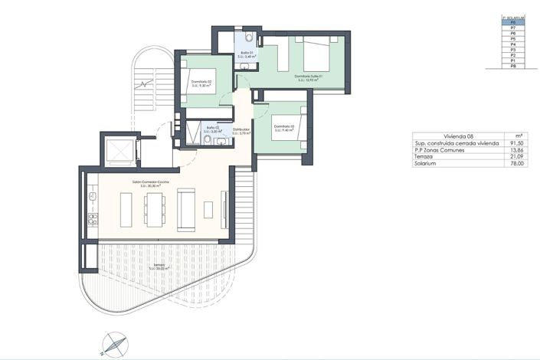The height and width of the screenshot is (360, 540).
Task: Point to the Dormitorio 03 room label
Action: coord(283,128)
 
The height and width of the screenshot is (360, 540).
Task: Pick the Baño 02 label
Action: coord(212,129)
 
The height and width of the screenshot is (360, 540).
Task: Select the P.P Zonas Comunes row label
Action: coord(440,149)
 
